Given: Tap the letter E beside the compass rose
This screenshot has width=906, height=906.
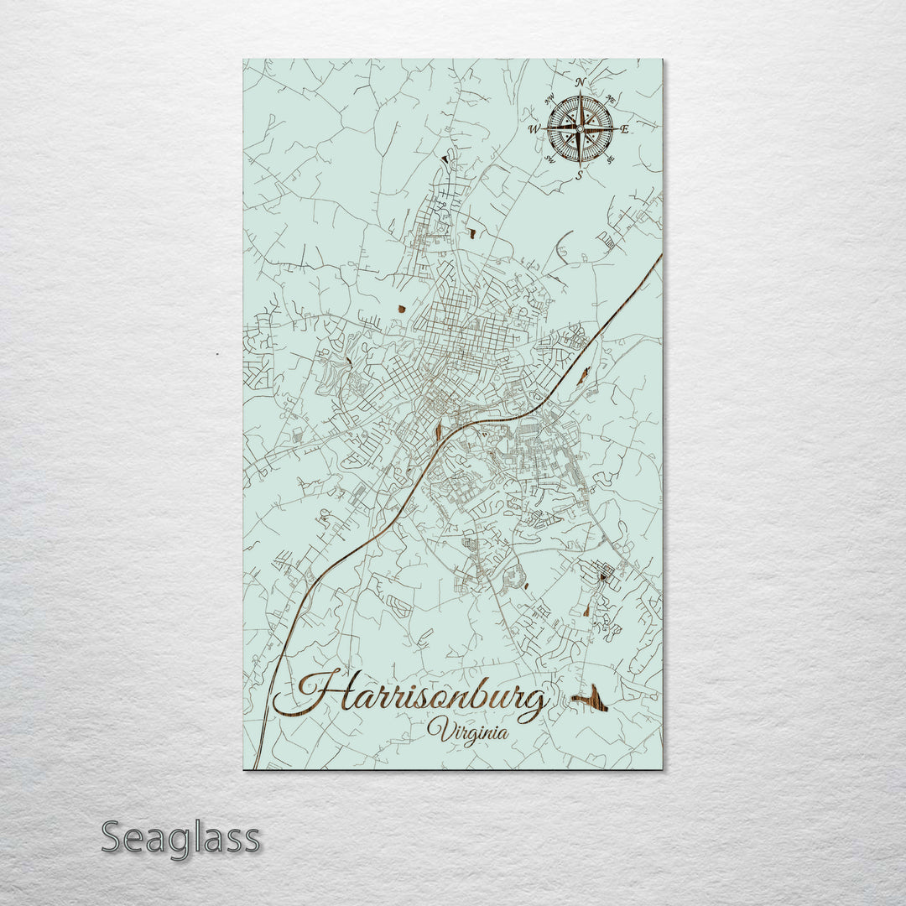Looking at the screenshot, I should click(x=625, y=129).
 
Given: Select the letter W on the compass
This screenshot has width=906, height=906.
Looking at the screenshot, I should click(x=534, y=129).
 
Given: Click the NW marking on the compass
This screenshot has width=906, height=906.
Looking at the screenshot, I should click(x=549, y=100).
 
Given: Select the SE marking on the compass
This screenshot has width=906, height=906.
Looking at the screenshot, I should click(x=609, y=159).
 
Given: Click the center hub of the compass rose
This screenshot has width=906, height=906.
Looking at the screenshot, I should click(x=580, y=129).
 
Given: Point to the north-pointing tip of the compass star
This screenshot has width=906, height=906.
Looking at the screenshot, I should click(x=580, y=92).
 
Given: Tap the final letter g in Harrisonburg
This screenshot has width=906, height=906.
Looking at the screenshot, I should click(x=532, y=705).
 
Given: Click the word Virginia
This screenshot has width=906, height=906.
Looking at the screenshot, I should click(x=467, y=732).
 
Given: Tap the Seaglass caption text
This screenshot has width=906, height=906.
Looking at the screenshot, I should click(x=180, y=838).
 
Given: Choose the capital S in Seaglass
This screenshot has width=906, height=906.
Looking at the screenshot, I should click(x=113, y=836).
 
